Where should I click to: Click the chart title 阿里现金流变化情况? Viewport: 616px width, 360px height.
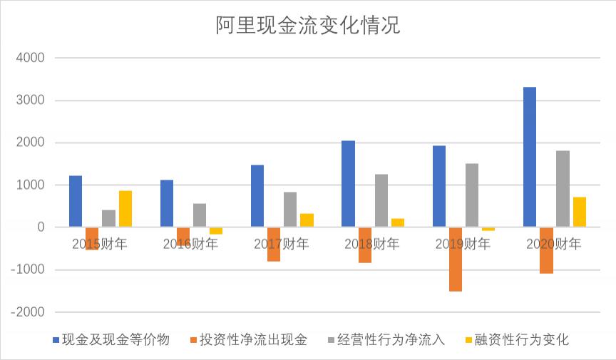[308, 26]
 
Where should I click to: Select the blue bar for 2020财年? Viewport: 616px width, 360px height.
[530, 157]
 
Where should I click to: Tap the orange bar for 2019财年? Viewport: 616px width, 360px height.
[456, 259]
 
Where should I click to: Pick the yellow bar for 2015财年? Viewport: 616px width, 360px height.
[125, 209]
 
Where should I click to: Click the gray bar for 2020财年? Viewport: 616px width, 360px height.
[563, 189]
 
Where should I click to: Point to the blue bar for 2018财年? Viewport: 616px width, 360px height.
[348, 184]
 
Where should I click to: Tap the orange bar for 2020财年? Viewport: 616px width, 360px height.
[546, 250]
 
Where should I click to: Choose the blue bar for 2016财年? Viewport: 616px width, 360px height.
[167, 204]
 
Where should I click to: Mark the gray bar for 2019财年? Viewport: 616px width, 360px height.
[472, 195]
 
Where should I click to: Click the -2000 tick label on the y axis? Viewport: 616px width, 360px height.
[28, 312]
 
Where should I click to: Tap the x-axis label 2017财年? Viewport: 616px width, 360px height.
[282, 245]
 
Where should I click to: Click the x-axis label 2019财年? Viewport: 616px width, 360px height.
[463, 245]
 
